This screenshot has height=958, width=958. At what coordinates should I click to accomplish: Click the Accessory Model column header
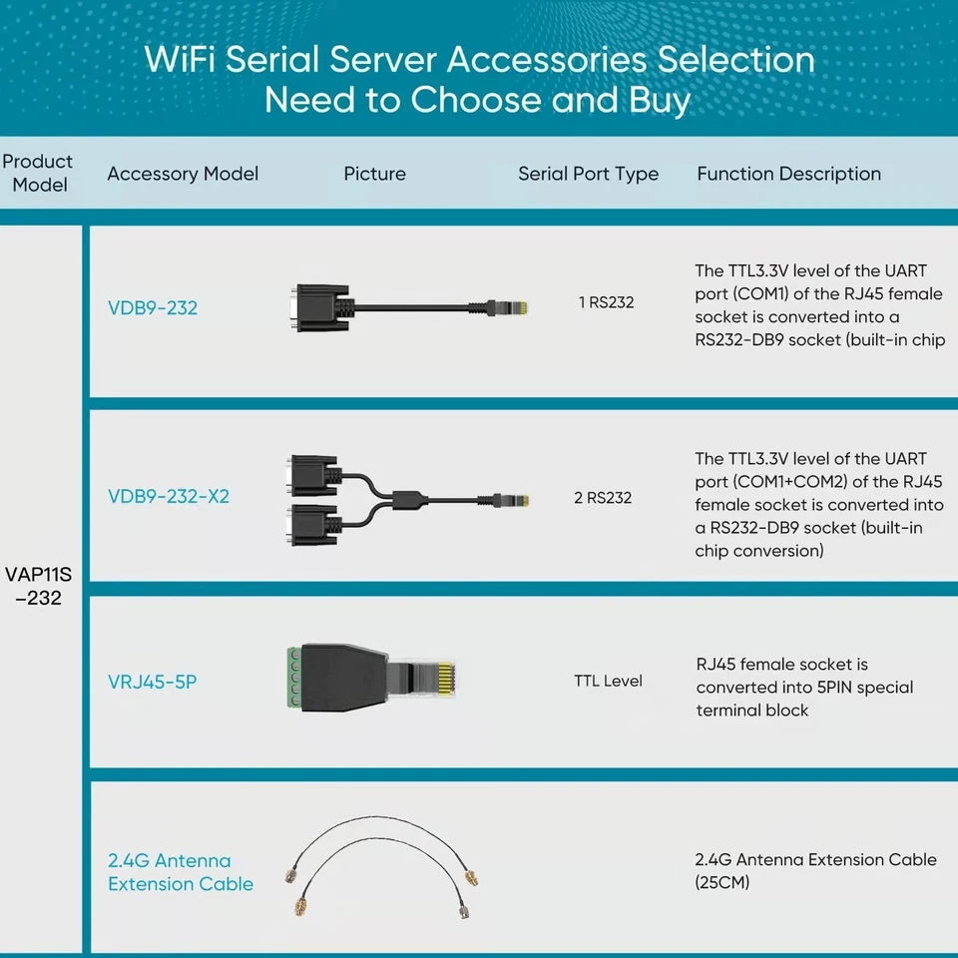[183, 174]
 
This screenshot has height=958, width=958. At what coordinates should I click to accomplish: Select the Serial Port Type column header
[588, 174]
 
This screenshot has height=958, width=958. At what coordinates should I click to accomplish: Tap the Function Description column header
[788, 174]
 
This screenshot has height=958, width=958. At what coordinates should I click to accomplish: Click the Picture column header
[374, 174]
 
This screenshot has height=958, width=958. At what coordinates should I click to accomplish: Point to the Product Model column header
[38, 173]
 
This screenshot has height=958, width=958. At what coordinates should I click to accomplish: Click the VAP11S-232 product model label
[39, 586]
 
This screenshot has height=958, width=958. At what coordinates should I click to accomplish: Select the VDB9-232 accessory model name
[153, 308]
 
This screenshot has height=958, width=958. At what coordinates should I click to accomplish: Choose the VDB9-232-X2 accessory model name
[169, 496]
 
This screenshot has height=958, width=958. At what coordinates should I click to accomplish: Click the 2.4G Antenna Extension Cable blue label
[180, 872]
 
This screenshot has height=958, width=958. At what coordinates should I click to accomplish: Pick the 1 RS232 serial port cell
[606, 301]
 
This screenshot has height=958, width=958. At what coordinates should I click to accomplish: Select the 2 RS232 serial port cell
[603, 497]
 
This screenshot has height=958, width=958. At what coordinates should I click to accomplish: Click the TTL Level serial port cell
[608, 681]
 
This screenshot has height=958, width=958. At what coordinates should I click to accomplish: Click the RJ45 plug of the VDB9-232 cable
[508, 306]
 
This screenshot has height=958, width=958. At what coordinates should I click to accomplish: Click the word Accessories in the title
[547, 59]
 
